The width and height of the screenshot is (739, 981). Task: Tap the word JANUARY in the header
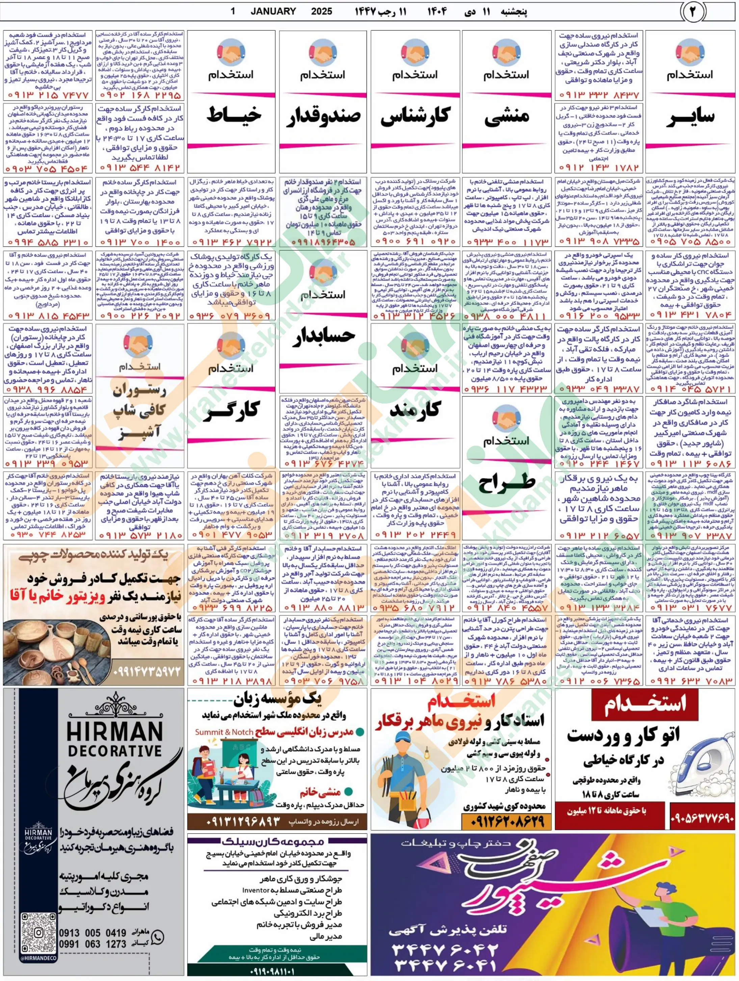(273, 11)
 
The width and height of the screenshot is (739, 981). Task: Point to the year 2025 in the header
(321, 11)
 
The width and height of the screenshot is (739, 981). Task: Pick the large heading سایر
(690, 117)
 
